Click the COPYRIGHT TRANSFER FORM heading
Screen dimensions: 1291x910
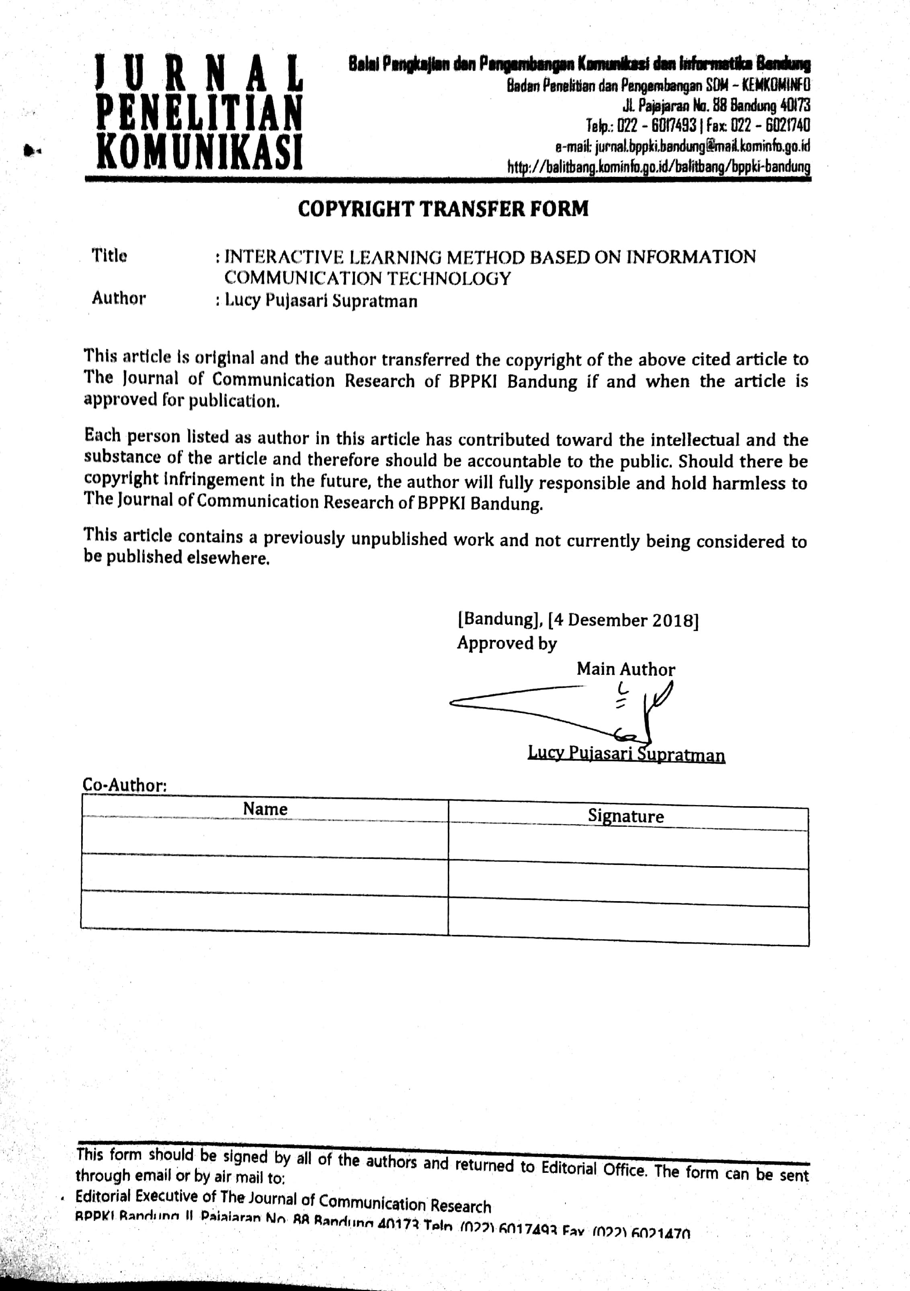pyautogui.click(x=443, y=209)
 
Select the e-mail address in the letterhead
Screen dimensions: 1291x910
pyautogui.click(x=702, y=147)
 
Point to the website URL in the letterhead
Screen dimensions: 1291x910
pyautogui.click(x=659, y=167)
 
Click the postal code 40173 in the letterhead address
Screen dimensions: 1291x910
pyautogui.click(x=795, y=105)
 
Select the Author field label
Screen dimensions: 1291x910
pyautogui.click(x=119, y=298)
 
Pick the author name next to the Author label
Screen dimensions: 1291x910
pyautogui.click(x=321, y=301)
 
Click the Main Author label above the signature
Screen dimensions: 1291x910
pyautogui.click(x=625, y=669)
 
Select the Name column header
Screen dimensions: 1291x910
pyautogui.click(x=265, y=809)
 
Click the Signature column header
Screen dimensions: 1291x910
pyautogui.click(x=625, y=816)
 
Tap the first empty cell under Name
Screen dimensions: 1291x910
pyautogui.click(x=264, y=837)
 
